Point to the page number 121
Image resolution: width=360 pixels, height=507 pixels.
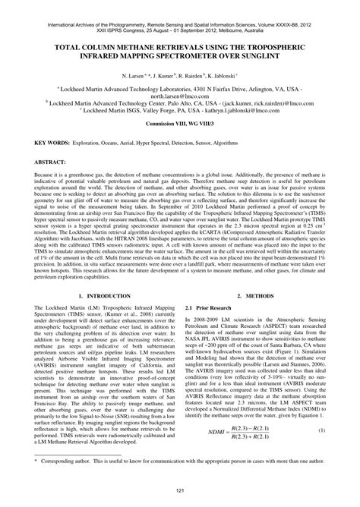180,493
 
